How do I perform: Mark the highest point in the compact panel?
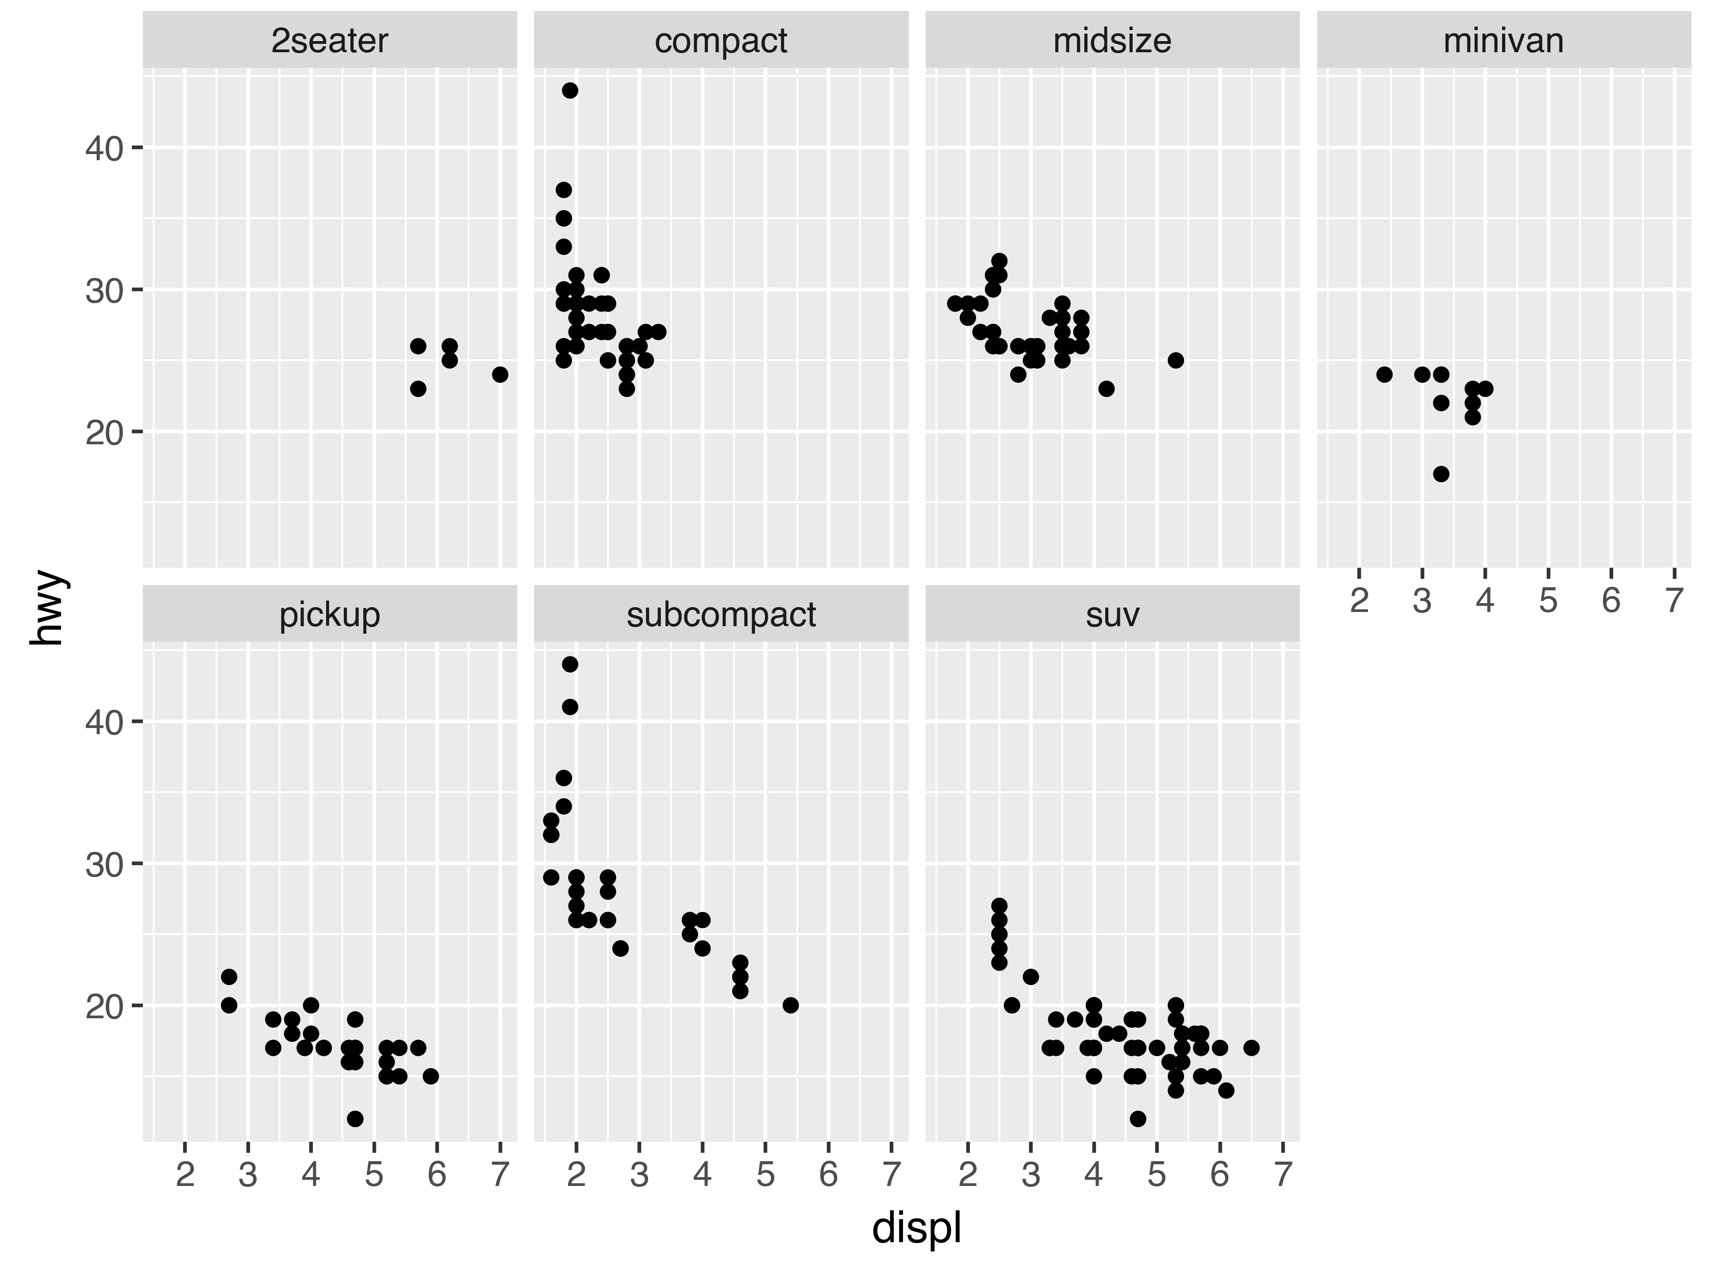(570, 91)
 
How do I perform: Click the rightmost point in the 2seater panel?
(500, 374)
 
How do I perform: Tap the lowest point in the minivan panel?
(1440, 473)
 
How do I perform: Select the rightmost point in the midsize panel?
(1176, 361)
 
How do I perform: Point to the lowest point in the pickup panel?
(355, 1119)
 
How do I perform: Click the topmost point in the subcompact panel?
(570, 665)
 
